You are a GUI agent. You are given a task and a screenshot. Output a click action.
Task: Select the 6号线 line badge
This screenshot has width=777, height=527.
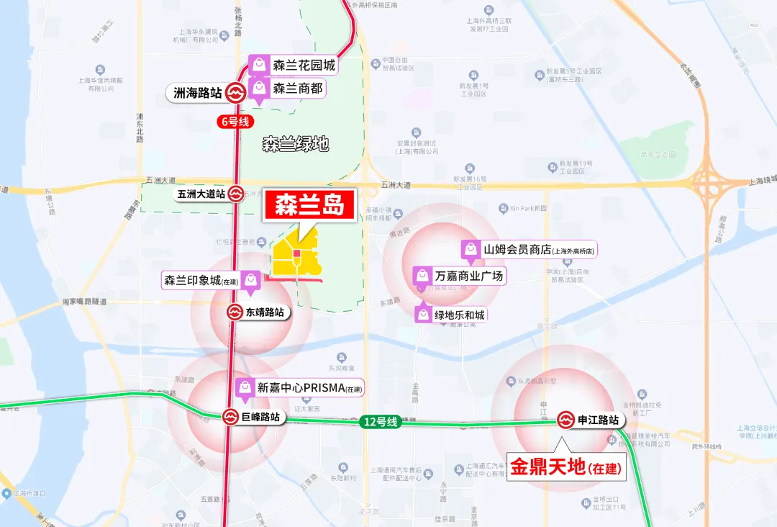[x=235, y=122]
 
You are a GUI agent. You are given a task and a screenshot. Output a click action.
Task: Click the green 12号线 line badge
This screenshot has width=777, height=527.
[x=381, y=422]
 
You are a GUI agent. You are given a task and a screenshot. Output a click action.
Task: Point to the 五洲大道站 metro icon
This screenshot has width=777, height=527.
[x=236, y=194]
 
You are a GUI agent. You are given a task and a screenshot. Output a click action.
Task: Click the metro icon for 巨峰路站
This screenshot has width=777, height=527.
[x=230, y=417]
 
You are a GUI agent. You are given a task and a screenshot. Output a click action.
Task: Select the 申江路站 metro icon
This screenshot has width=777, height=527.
[x=566, y=420]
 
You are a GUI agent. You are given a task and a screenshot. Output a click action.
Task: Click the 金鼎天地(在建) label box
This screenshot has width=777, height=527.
[x=566, y=468]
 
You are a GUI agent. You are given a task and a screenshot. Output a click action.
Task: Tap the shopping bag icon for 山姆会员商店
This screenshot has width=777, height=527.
[x=471, y=249]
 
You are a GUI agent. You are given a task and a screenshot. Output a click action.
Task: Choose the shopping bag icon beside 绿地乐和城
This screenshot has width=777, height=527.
[x=423, y=315]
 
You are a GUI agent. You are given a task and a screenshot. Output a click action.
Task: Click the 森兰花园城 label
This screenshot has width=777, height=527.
[x=304, y=66]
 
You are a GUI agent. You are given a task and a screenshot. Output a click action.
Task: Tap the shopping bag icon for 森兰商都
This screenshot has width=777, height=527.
[x=258, y=89]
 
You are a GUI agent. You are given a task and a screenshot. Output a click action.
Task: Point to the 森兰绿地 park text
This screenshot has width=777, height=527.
[x=295, y=145]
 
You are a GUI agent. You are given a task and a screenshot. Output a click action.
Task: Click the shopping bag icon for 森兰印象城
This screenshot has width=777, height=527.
[x=251, y=280]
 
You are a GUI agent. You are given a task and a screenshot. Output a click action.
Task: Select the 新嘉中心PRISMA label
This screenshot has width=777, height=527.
[x=301, y=387]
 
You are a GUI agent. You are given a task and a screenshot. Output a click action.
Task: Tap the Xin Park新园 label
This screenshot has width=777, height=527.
[x=524, y=209]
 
